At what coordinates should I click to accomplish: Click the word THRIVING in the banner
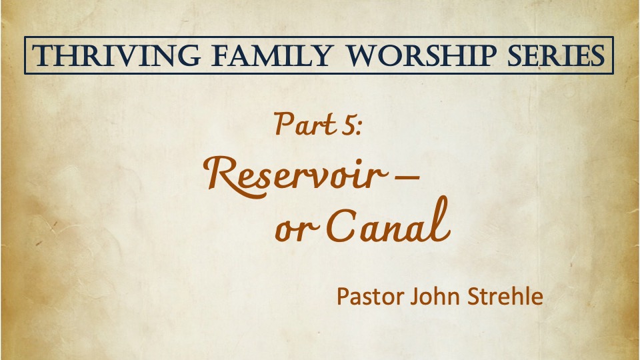[116, 55]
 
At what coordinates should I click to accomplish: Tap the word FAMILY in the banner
[272, 55]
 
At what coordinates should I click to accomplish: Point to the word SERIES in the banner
[556, 55]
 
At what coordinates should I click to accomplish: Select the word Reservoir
[295, 176]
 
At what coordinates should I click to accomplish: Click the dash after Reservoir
[407, 176]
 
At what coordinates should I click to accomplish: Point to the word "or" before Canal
[296, 231]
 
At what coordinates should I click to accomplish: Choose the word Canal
[388, 221]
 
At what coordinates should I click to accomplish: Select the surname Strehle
[505, 296]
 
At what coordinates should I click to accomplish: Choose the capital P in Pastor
[343, 296]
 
